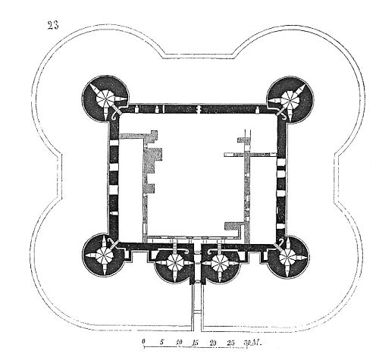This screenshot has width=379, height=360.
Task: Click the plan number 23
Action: (x=53, y=25)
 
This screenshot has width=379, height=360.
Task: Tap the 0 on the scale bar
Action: (x=144, y=342)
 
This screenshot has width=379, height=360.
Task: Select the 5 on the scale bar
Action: (x=162, y=342)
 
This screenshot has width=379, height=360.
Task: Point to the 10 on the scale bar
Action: (x=179, y=343)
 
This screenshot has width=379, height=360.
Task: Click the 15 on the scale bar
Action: (x=195, y=343)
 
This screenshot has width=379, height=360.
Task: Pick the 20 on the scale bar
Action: (x=213, y=343)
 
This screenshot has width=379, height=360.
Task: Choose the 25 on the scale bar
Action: (x=230, y=343)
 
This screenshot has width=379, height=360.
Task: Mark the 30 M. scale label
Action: (x=252, y=343)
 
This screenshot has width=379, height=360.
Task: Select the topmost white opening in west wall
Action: (x=114, y=142)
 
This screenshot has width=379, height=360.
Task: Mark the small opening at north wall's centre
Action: (x=199, y=109)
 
